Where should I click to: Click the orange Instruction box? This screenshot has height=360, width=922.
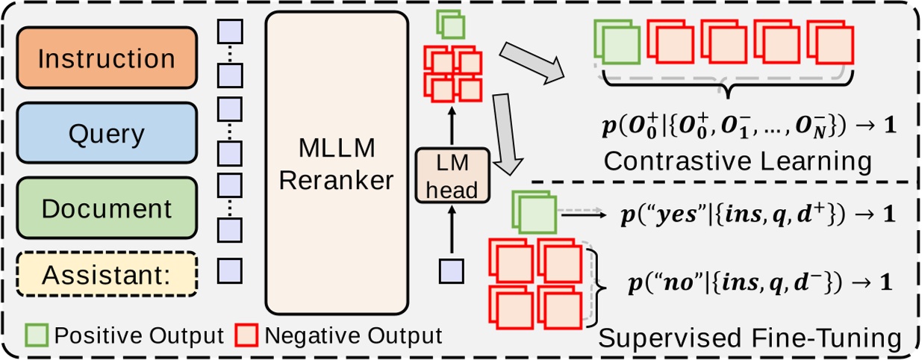pyautogui.click(x=106, y=58)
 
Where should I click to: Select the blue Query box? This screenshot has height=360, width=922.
pyautogui.click(x=106, y=133)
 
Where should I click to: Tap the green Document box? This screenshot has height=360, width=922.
pyautogui.click(x=106, y=208)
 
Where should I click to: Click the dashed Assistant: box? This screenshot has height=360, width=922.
pyautogui.click(x=106, y=274)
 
